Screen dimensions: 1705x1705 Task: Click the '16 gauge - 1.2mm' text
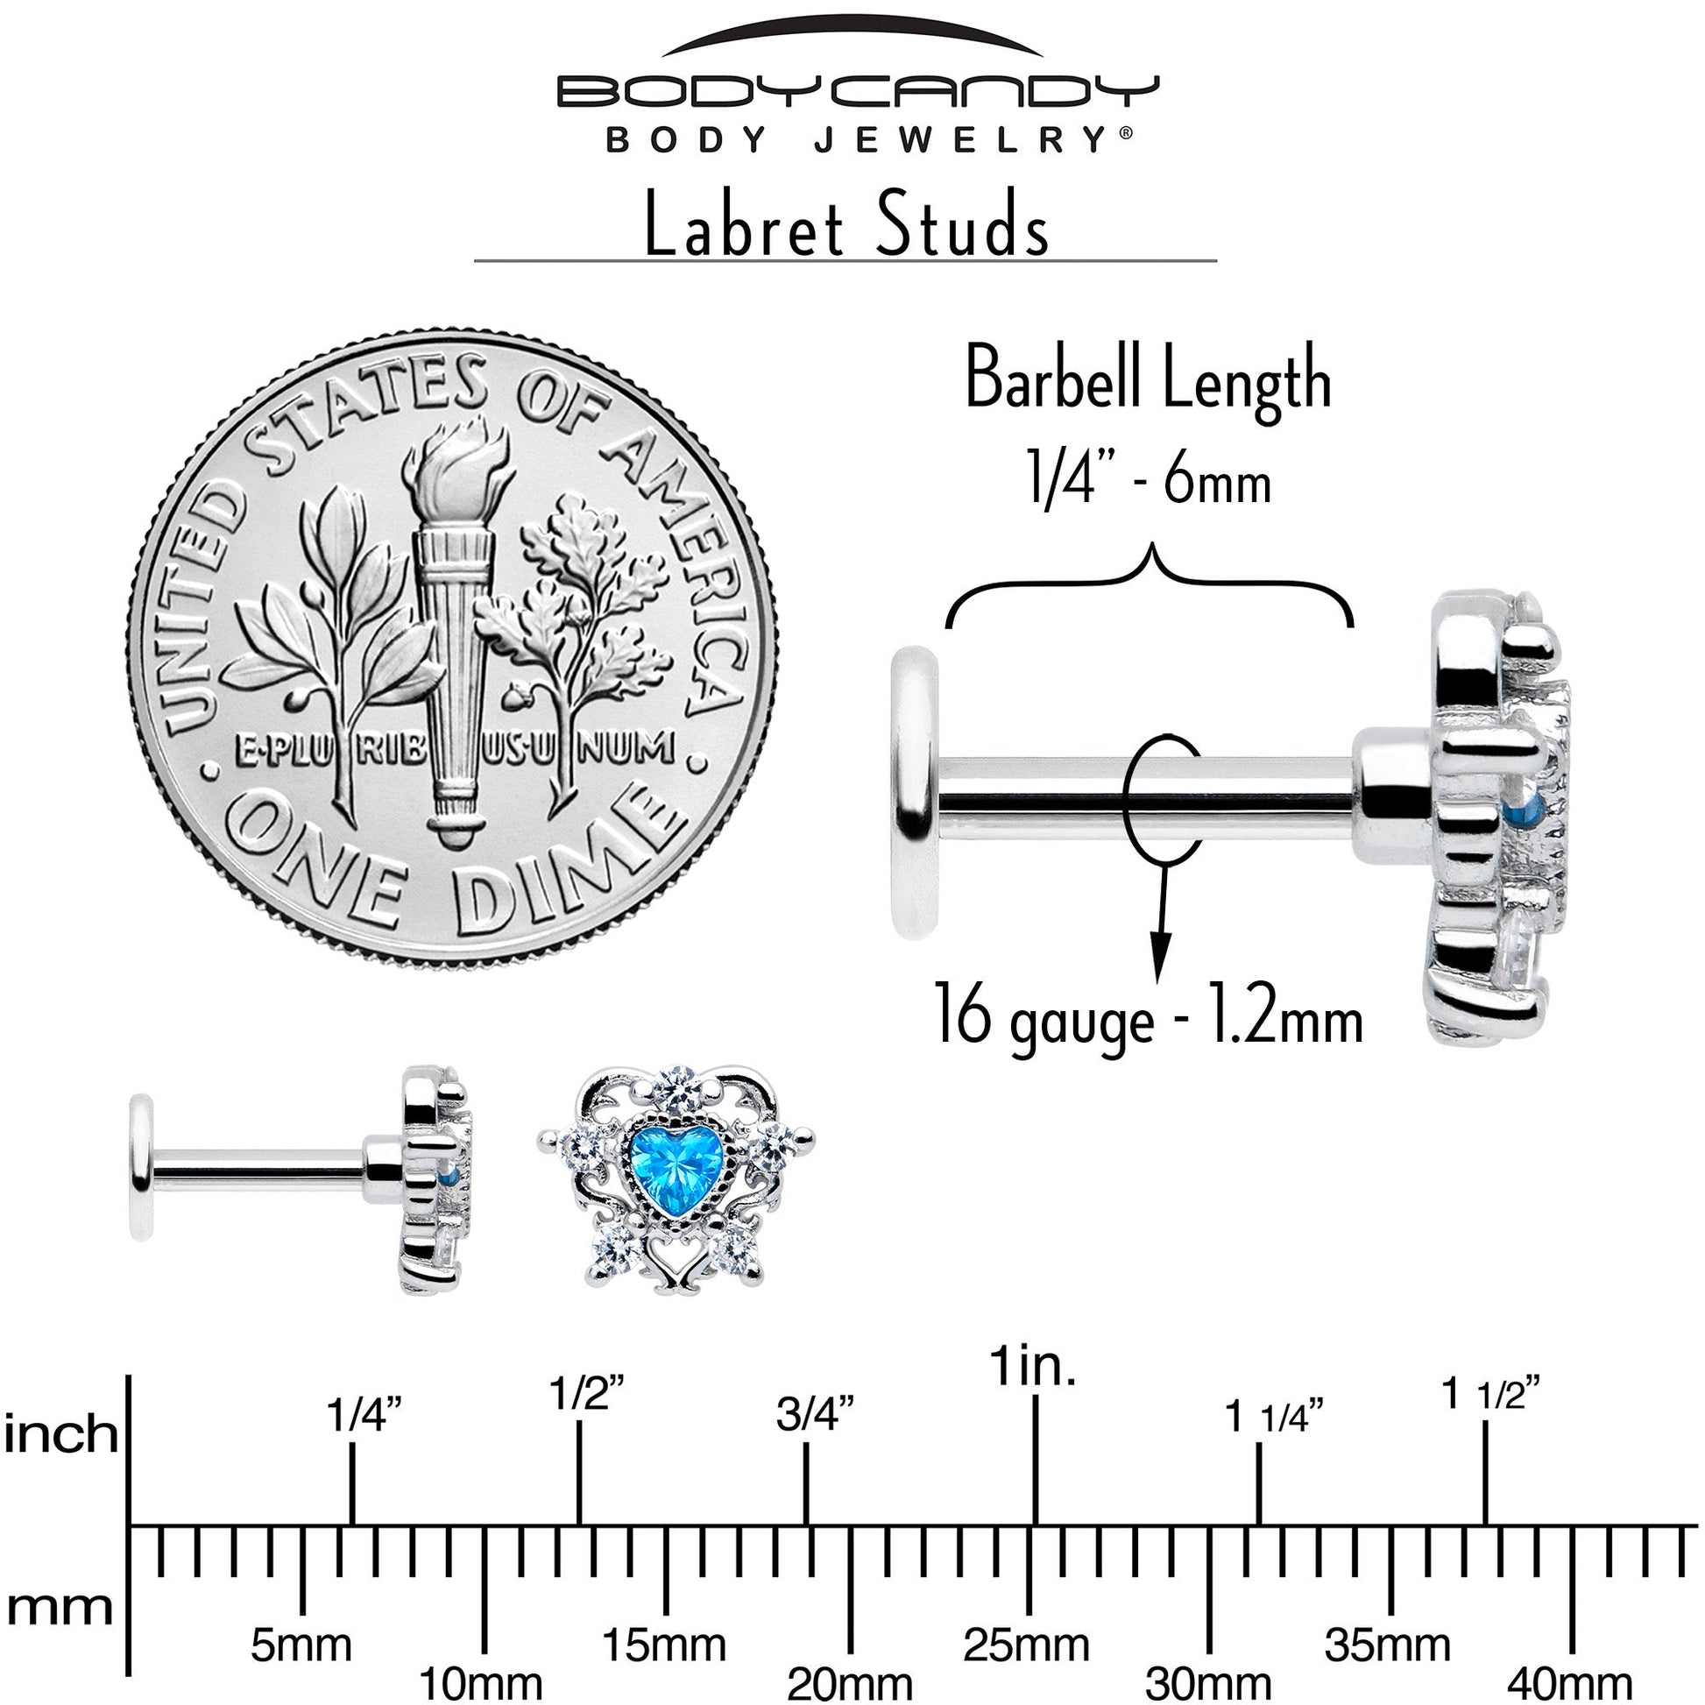1147,1020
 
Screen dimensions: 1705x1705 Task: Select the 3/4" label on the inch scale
815,1415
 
